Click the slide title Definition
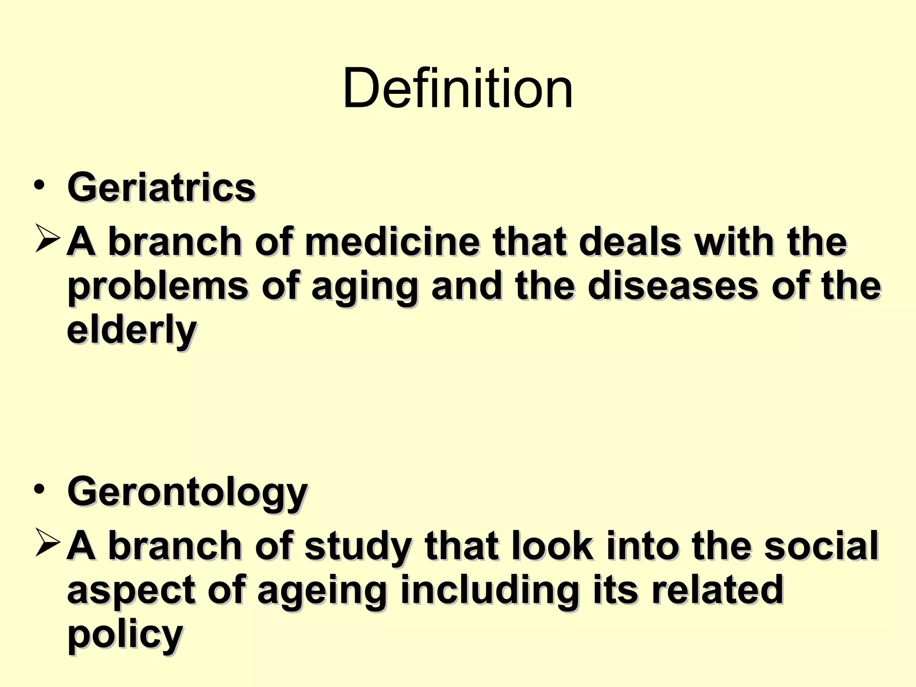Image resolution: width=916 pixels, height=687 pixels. pyautogui.click(x=458, y=88)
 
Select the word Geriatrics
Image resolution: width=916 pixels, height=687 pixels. pyautogui.click(x=161, y=187)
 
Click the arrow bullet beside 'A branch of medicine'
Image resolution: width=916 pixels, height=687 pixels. pyautogui.click(x=47, y=239)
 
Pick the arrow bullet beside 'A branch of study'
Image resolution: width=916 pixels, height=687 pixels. pyautogui.click(x=47, y=543)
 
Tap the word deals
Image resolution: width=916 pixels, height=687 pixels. pyautogui.click(x=630, y=242)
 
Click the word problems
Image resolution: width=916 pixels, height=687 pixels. pyautogui.click(x=157, y=287)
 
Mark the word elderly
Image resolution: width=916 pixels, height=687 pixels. pyautogui.click(x=131, y=331)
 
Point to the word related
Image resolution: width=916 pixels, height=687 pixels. pyautogui.click(x=717, y=590)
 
